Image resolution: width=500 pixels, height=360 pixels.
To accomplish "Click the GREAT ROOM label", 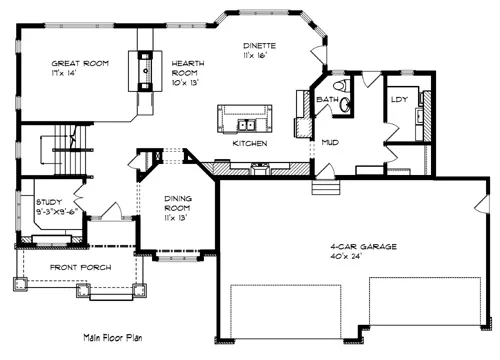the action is coord(80,63).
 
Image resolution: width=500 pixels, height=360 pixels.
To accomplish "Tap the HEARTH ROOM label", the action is coord(188,68).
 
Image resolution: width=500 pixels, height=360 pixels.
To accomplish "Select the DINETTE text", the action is coord(259,46).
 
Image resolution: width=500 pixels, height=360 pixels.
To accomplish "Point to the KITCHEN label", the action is coord(250,143).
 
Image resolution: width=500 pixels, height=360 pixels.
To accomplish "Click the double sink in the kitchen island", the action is coord(247,125).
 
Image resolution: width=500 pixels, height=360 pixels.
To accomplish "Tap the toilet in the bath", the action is coord(341,85).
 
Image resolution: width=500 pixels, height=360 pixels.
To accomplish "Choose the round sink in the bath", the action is coord(345,105).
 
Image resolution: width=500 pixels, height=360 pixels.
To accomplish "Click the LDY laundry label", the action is coord(399,99).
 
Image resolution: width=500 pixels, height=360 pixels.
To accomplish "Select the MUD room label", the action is coord(330,142).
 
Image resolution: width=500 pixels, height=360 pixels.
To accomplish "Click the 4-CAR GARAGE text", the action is coord(363,247).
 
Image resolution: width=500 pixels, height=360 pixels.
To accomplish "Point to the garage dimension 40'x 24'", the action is coord(346,256).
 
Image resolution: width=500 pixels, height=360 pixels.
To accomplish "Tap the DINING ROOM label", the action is coord(178,203).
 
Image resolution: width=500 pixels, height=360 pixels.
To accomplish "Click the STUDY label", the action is coord(49,202).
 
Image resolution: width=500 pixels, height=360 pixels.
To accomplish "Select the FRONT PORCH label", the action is coord(81,267).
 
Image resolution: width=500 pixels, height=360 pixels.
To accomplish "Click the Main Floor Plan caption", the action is coord(113,338).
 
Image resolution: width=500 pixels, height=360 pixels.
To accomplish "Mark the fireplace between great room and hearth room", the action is coord(145,71).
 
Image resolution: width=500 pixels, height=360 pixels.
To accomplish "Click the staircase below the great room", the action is coord(68,149).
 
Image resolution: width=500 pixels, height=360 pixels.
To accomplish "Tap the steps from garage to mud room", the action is coord(326,187).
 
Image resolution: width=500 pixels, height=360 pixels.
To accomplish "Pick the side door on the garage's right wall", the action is coord(482,204).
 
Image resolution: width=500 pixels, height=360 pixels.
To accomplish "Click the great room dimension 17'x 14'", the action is coord(64,73).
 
